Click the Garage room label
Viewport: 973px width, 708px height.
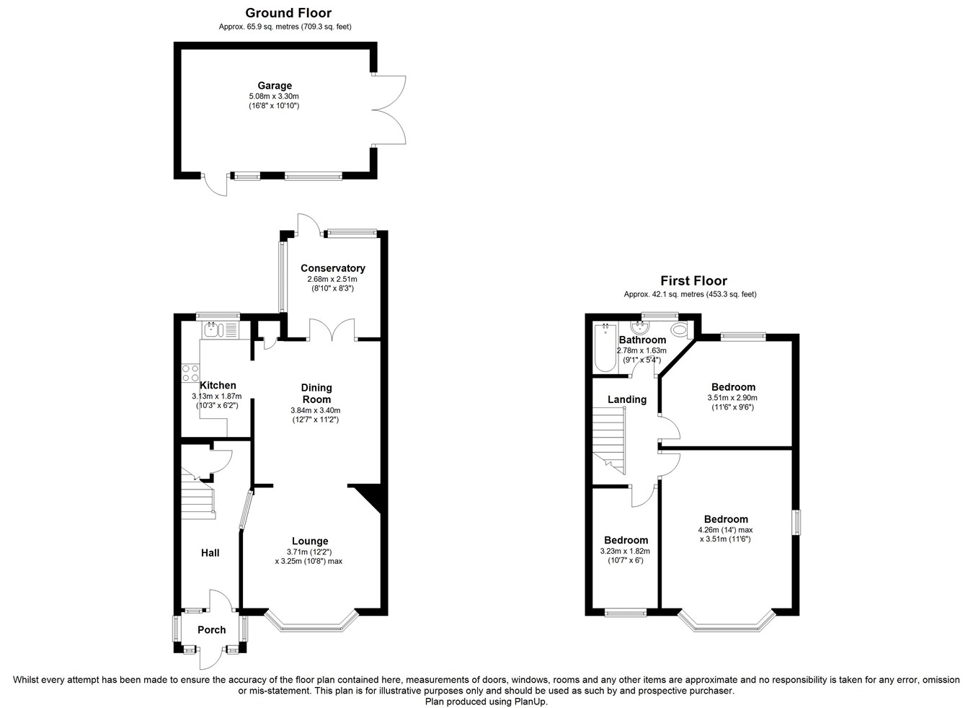point(275,86)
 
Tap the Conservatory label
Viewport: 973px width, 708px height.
point(333,268)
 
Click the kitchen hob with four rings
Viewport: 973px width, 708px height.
point(190,373)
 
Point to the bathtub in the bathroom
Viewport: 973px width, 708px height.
point(605,348)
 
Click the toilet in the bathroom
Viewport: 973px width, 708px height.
point(680,329)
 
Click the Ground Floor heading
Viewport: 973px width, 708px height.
point(288,13)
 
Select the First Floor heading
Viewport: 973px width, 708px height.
point(693,280)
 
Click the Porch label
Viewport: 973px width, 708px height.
point(212,629)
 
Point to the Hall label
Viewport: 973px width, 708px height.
point(210,553)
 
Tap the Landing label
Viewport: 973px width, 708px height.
point(627,399)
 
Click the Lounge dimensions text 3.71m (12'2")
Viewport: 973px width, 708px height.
point(309,552)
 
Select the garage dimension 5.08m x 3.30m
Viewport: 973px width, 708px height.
point(274,96)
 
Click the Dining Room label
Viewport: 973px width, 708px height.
point(316,394)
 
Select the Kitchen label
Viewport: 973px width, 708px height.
point(218,386)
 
